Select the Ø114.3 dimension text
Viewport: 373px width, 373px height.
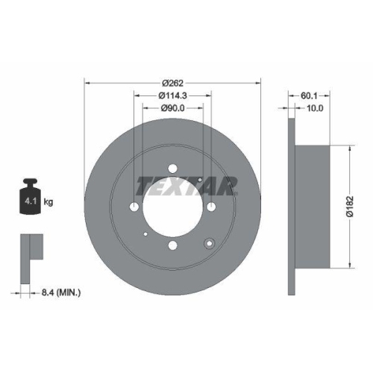coord(173,95)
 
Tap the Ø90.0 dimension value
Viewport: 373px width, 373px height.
coord(173,108)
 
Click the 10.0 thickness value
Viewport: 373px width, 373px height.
coord(316,108)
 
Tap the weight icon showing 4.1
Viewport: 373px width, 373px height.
coord(32,197)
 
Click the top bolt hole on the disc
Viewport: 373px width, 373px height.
coord(172,169)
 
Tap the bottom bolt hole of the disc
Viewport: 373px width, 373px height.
coord(172,245)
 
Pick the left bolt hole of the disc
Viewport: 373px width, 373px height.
coord(134,207)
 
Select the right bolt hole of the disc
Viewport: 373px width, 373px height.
coord(211,207)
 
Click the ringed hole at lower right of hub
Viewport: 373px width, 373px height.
coord(210,242)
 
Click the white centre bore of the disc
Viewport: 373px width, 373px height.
coord(172,207)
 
